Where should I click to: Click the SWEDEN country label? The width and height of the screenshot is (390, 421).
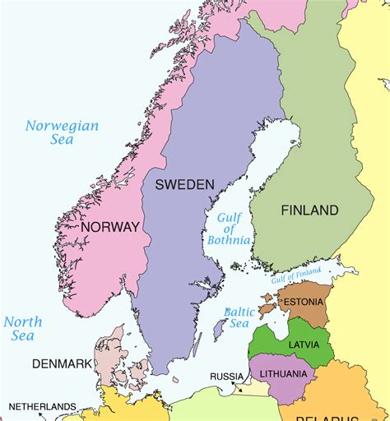(x=184, y=183)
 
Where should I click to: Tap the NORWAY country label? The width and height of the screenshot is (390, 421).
(x=110, y=226)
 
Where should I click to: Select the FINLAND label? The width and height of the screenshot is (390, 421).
(x=309, y=210)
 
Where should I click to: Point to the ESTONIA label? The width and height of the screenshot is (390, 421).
(x=304, y=303)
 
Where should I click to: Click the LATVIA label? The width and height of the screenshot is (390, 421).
(x=304, y=345)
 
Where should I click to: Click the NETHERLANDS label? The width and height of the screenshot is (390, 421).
(x=42, y=406)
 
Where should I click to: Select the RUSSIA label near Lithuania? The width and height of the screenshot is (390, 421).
(x=226, y=377)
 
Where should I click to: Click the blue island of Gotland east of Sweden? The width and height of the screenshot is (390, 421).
(x=219, y=330)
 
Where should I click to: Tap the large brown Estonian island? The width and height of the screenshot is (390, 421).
(x=266, y=311)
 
